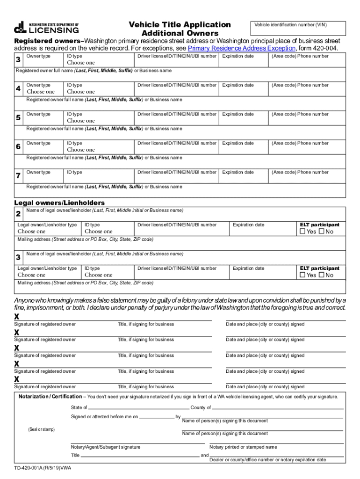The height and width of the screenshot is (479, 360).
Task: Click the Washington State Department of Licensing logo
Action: pos(46,28)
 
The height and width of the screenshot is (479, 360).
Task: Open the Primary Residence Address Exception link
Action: pos(242,49)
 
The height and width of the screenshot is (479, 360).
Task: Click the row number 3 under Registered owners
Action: pos(18,59)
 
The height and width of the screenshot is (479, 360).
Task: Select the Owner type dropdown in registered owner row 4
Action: pos(41,92)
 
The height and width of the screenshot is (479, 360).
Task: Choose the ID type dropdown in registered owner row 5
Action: pos(80,121)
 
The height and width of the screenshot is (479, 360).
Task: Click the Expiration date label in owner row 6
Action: pos(238,143)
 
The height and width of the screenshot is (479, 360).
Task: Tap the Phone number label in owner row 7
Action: pos(300,172)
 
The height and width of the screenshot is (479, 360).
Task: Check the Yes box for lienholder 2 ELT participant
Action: pos(302,232)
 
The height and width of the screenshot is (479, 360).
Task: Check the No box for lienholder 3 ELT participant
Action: pos(321,275)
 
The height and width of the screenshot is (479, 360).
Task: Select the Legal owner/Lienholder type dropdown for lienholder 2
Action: pos(32,232)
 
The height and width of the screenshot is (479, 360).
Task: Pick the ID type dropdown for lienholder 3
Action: pos(99,275)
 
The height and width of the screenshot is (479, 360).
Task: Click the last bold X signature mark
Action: pos(17,379)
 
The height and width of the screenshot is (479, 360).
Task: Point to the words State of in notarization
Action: pos(79,407)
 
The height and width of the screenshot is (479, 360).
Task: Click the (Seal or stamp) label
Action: pos(42,429)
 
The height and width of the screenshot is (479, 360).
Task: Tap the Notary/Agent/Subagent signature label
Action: pos(106,447)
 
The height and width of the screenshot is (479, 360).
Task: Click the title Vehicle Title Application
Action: pos(180,24)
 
